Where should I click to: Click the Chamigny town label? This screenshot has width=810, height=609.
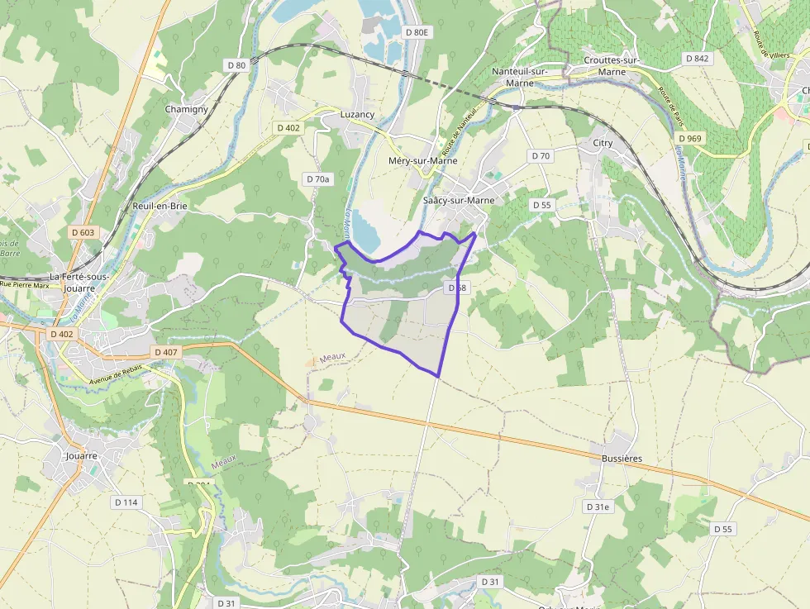(x=186, y=109)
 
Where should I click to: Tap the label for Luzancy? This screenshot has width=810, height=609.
(x=357, y=114)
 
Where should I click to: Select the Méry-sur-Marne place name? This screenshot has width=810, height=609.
(x=422, y=160)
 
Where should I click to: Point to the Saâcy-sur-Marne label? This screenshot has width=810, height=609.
(x=458, y=200)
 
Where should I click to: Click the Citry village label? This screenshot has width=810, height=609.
(x=603, y=143)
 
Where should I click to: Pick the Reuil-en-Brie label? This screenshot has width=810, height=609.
(x=160, y=206)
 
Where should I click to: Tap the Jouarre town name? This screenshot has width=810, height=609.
(x=82, y=455)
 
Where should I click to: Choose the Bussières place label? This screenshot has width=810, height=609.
(x=622, y=458)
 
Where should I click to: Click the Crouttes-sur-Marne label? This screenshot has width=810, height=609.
(x=612, y=66)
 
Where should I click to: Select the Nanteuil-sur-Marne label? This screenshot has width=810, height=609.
(x=519, y=76)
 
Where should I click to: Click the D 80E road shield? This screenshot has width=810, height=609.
(x=418, y=32)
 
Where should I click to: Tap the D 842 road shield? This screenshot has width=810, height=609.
(x=698, y=59)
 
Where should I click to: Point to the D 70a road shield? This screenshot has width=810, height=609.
(x=317, y=178)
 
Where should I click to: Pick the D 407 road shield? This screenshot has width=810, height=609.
(x=166, y=352)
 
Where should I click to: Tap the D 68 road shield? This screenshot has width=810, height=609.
(x=456, y=288)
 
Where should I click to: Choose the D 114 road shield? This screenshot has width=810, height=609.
(x=126, y=502)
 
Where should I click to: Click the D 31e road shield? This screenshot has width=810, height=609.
(x=597, y=507)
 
